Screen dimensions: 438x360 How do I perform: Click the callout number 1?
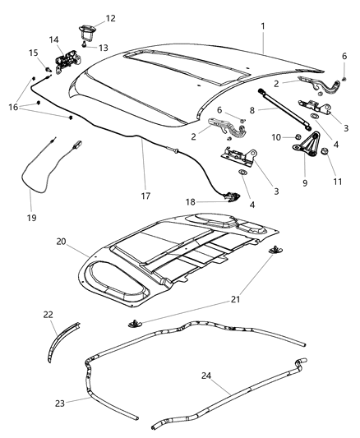pos(263,26)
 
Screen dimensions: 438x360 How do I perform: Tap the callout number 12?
pos(110,18)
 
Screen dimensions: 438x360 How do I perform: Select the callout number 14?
pos(54,39)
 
